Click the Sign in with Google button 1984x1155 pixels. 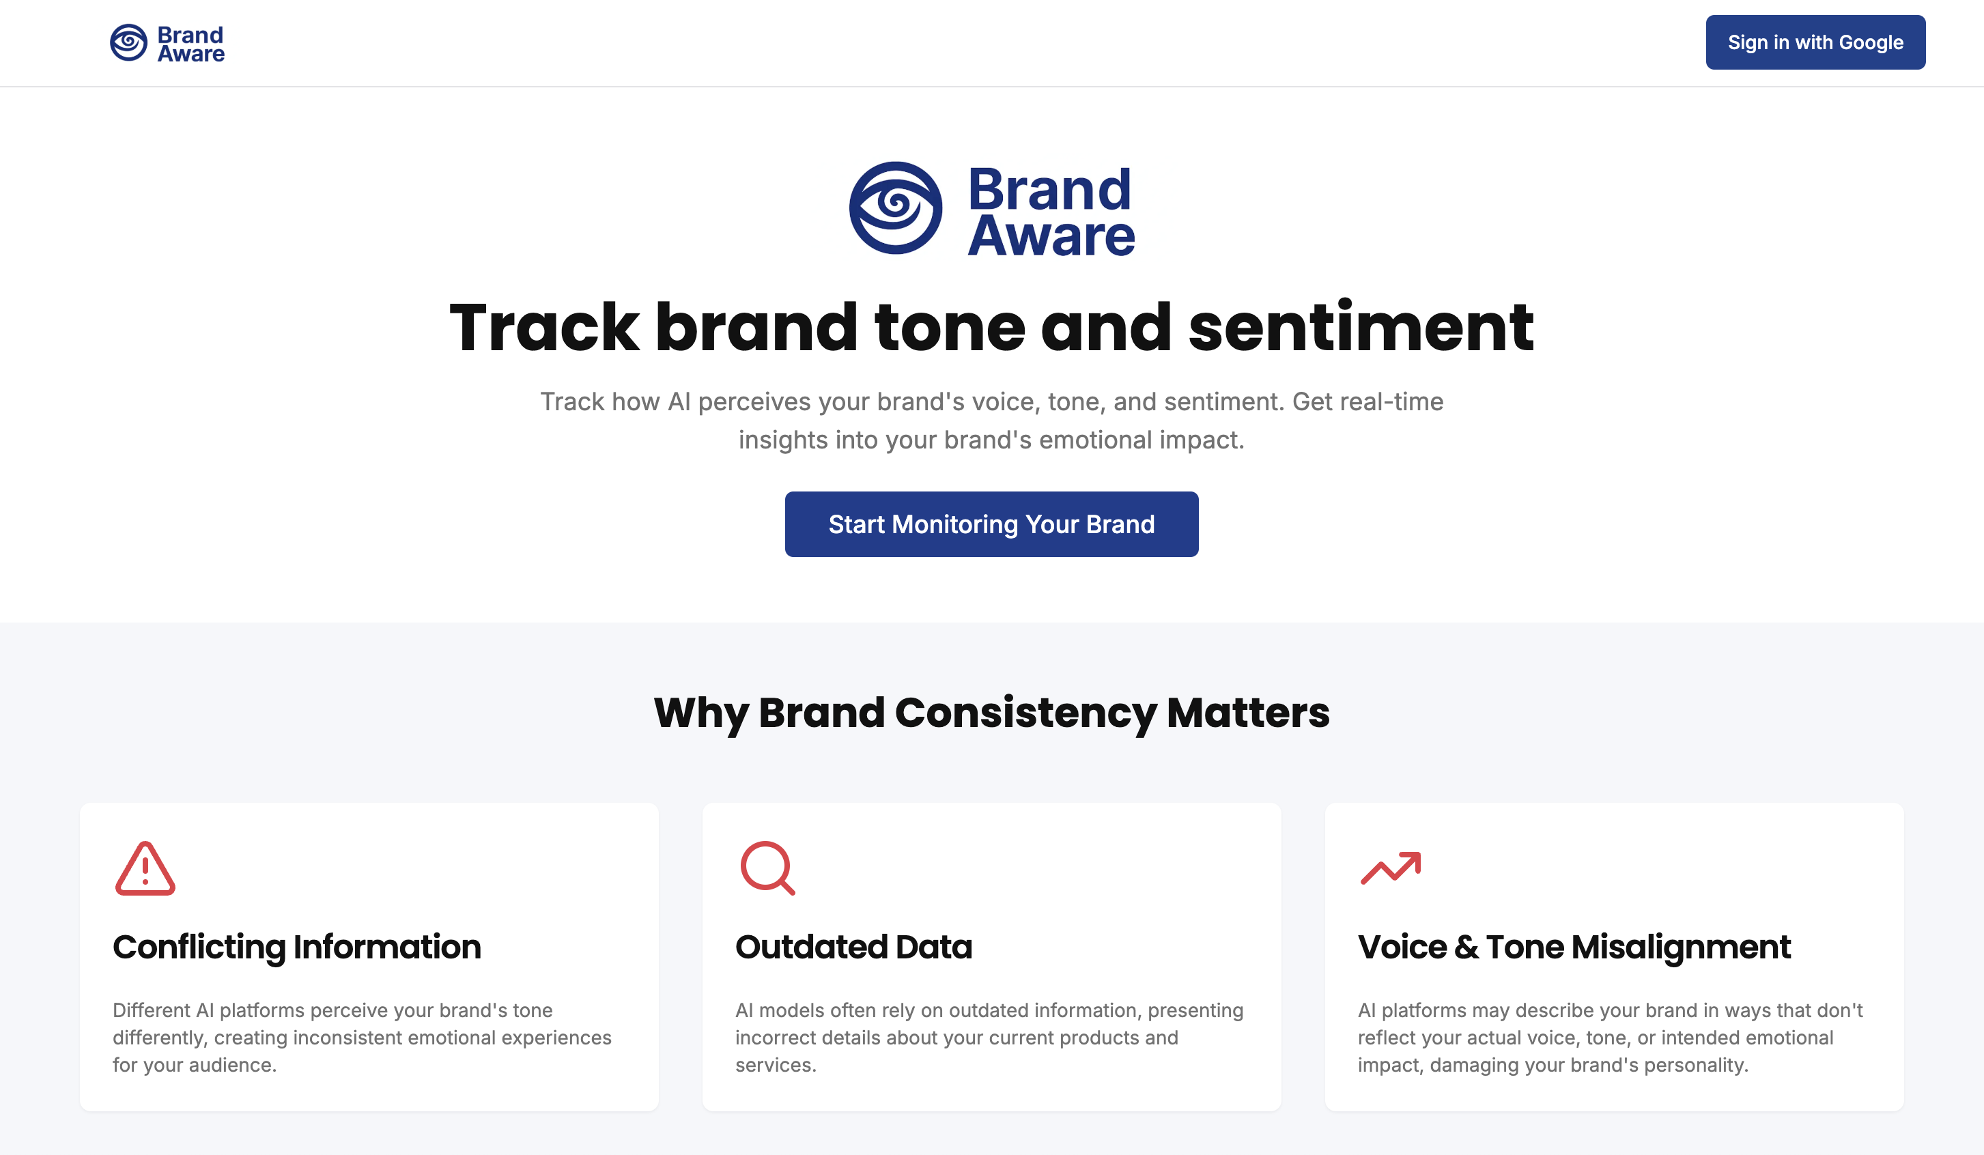[1815, 42]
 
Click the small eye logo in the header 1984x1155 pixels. [128, 42]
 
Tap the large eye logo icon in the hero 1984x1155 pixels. [895, 208]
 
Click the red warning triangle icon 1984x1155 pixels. [145, 869]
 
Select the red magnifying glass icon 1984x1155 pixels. [767, 868]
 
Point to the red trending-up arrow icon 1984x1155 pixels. [1391, 868]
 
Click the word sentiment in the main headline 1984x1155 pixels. [1361, 328]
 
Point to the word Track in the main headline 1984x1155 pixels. [544, 328]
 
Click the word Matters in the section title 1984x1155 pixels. [1248, 713]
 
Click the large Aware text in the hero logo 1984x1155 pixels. [1051, 236]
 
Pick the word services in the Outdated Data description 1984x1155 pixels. [775, 1066]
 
